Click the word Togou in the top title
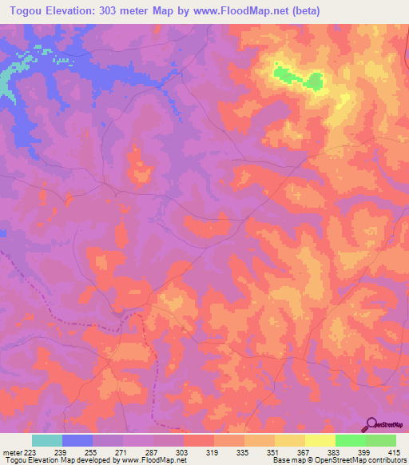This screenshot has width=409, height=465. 23,10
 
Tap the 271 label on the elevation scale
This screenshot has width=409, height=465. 121,451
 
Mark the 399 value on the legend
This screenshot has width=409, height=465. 351,451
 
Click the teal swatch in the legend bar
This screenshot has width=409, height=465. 47,440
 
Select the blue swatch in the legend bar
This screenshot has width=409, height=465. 77,440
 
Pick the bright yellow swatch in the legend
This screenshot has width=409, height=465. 320,440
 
